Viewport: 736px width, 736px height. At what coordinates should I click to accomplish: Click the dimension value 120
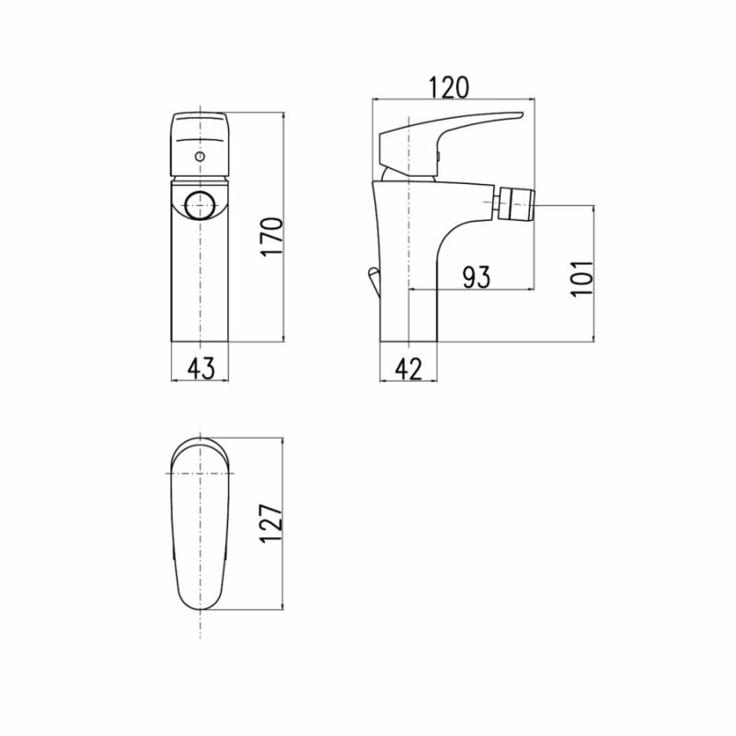point(449,87)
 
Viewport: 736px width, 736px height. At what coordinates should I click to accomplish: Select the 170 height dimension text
point(272,236)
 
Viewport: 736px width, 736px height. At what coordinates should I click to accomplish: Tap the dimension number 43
point(201,368)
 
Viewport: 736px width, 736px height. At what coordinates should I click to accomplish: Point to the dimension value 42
point(408,369)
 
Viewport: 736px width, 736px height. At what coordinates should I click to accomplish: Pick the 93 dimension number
point(476,277)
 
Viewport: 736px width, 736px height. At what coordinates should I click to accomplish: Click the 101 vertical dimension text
point(582,278)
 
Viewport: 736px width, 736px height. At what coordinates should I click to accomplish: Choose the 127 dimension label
point(271,523)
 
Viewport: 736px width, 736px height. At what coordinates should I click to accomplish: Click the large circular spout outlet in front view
point(201,205)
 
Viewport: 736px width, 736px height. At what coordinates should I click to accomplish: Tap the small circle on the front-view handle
point(201,155)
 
